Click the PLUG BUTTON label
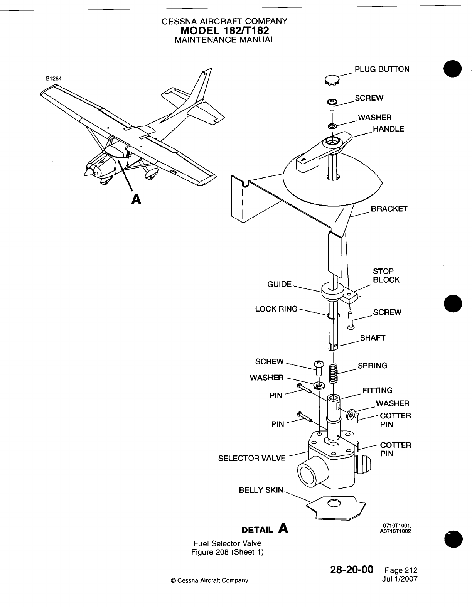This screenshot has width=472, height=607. [382, 69]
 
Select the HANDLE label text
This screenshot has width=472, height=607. [388, 129]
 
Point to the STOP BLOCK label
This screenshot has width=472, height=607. [386, 275]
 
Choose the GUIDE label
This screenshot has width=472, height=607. [280, 284]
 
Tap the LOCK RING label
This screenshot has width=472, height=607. [276, 309]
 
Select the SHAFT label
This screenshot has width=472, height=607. [373, 338]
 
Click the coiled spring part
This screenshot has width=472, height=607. [333, 374]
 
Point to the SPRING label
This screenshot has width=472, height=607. [373, 366]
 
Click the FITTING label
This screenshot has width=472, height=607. [377, 390]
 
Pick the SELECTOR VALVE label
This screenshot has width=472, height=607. [252, 458]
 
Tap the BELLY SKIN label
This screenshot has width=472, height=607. [261, 490]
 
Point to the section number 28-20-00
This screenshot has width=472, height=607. [352, 570]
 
